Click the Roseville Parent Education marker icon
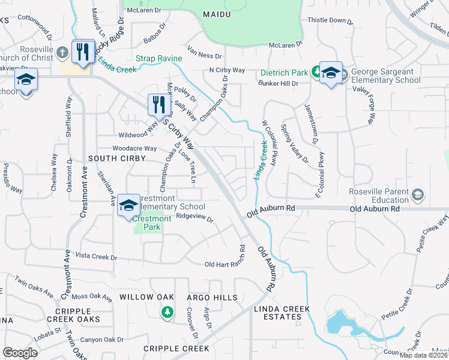tap(418, 194)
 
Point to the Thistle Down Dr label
tap(330, 20)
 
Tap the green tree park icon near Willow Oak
tap(167, 312)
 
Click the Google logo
tap(20, 353)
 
